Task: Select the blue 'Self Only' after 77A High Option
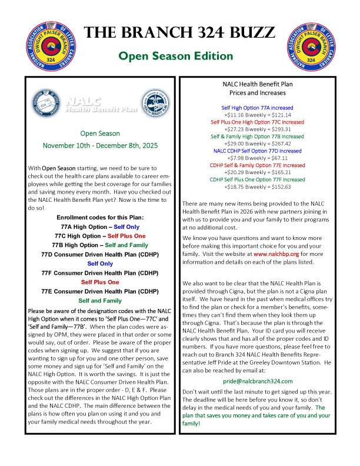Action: [x=126, y=226]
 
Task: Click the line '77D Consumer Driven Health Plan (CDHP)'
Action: [x=96, y=254]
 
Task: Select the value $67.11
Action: [x=276, y=158]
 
